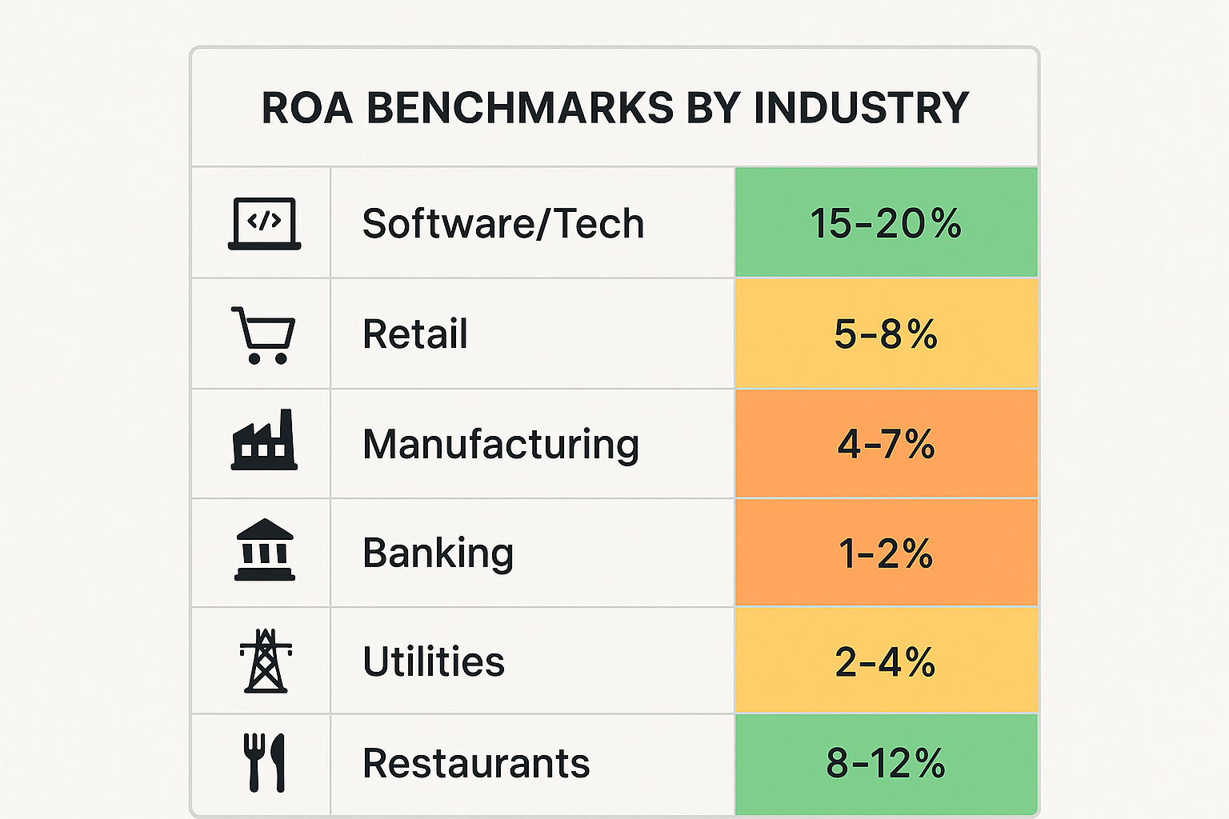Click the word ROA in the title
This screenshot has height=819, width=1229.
pos(306,108)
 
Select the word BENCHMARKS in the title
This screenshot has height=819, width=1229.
pos(520,108)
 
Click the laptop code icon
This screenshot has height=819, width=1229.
pos(264,224)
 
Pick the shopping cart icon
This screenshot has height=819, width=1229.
pos(263,335)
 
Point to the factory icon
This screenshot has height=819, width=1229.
pos(264,441)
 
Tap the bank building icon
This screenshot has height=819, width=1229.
pos(265,550)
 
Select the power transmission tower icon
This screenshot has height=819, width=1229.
pos(266,661)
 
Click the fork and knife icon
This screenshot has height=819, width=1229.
pos(264,762)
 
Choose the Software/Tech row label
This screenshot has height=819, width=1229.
pos(503,223)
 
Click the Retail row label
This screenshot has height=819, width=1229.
pos(415,334)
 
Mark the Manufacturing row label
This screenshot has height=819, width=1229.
pos(501,445)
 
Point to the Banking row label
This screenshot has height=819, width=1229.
pos(438,553)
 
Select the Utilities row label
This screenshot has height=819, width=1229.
pos(434,662)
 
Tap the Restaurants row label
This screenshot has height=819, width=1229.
pos(476,763)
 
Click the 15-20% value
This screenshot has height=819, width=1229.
pos(886,223)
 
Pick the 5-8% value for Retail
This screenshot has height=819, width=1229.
pos(886,334)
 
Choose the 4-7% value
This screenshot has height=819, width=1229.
pos(886,445)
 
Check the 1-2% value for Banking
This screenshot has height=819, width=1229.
pos(886,553)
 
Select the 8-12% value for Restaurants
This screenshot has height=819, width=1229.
pos(886,763)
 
